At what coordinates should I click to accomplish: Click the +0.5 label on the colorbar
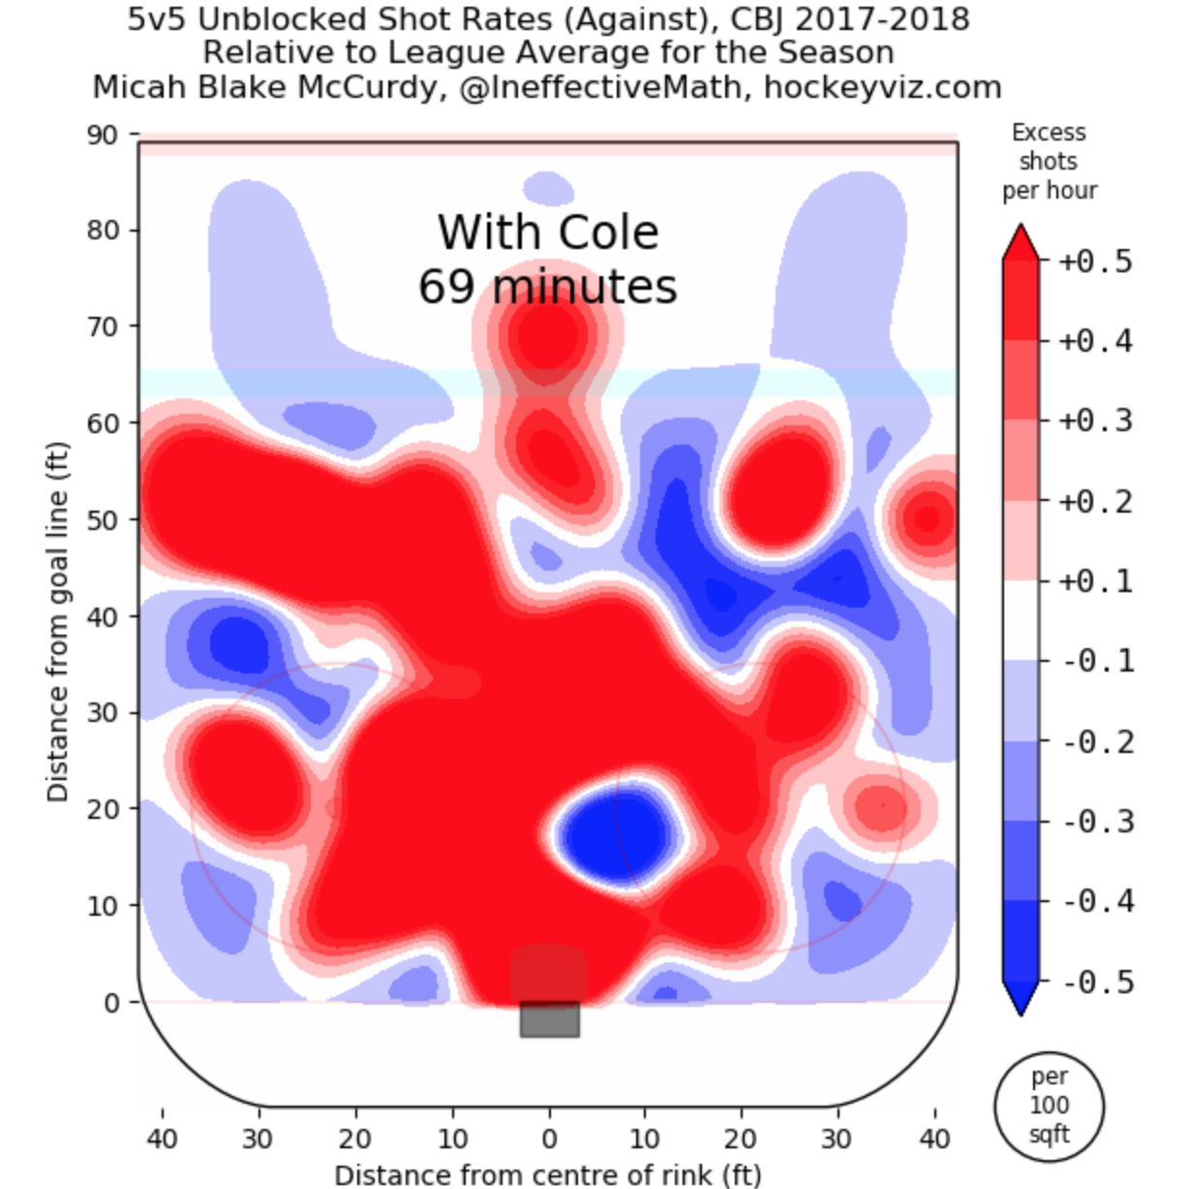tap(1096, 262)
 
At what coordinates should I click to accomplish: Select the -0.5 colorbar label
tap(1096, 983)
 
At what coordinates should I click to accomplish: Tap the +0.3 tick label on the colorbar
tap(1096, 422)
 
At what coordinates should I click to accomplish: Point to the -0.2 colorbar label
tap(1096, 742)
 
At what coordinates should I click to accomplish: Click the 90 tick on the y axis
tap(102, 135)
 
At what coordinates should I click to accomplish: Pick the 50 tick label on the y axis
tap(102, 519)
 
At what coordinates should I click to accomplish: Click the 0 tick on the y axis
tap(111, 1002)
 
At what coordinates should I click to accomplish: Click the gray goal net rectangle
tap(549, 1019)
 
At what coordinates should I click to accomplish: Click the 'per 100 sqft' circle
tap(1049, 1105)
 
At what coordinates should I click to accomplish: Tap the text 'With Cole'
tap(548, 233)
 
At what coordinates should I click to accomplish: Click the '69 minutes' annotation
tap(548, 287)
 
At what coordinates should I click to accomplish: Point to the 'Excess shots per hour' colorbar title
tap(1049, 161)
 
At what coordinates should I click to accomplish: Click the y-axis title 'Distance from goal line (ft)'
tap(58, 622)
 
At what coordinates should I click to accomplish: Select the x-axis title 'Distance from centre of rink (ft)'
tap(548, 1174)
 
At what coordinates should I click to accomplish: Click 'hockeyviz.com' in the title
tap(882, 88)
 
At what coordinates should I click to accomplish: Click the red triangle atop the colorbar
tap(1021, 243)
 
